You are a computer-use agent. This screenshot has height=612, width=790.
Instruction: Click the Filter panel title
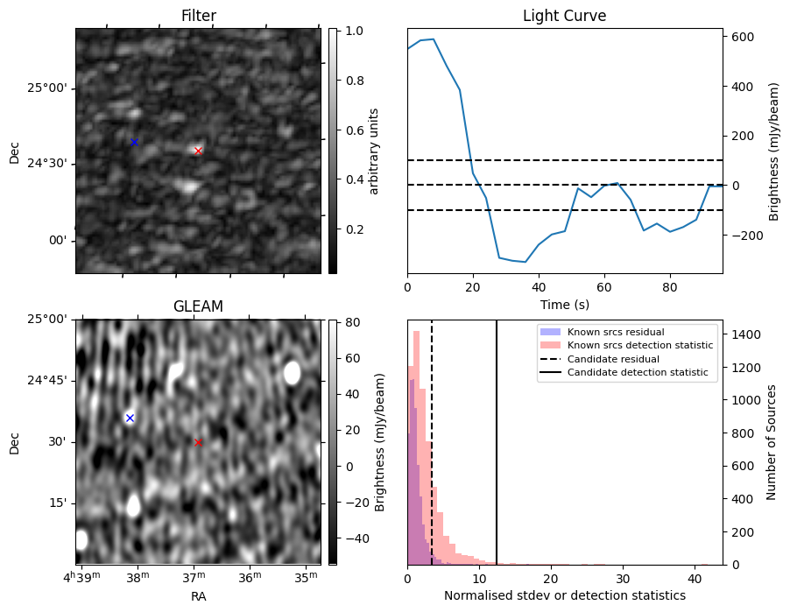click(x=198, y=16)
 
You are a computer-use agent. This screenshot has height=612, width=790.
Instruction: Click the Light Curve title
click(x=564, y=16)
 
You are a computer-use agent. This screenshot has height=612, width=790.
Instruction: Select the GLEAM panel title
click(x=198, y=306)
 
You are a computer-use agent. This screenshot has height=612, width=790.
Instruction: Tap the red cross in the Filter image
click(x=198, y=151)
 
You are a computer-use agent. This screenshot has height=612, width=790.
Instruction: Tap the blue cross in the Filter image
click(x=134, y=142)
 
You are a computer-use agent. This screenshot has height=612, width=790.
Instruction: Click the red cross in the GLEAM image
click(x=198, y=442)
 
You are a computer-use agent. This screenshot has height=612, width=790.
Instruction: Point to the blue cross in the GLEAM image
click(x=130, y=418)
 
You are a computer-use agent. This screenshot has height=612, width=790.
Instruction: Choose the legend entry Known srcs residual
click(x=616, y=333)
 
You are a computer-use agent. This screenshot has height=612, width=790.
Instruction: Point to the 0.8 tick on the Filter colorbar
click(x=354, y=81)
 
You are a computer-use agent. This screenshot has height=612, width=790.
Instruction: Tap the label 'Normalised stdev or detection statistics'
click(x=564, y=595)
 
